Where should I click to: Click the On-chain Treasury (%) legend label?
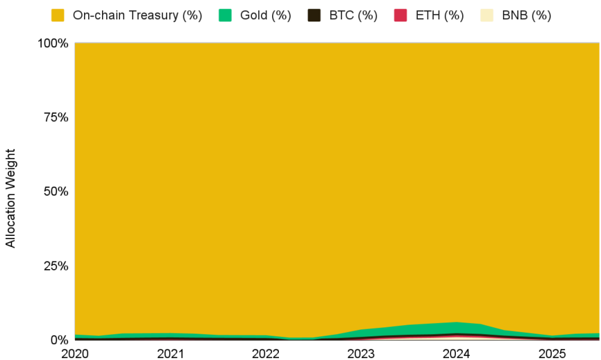click(x=137, y=15)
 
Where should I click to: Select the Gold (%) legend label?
click(x=265, y=15)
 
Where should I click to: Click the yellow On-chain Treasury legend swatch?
click(x=58, y=15)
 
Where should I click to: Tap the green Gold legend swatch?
click(x=225, y=15)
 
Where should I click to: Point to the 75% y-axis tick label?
click(x=55, y=117)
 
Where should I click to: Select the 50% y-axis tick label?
click(x=55, y=191)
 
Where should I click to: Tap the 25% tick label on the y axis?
click(x=55, y=266)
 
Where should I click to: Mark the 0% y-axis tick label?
click(x=58, y=340)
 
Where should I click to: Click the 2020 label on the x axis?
click(x=75, y=354)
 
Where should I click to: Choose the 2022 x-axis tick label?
click(x=266, y=354)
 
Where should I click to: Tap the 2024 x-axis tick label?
click(x=457, y=354)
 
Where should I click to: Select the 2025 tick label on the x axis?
click(x=552, y=354)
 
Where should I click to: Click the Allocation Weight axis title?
click(x=10, y=198)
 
